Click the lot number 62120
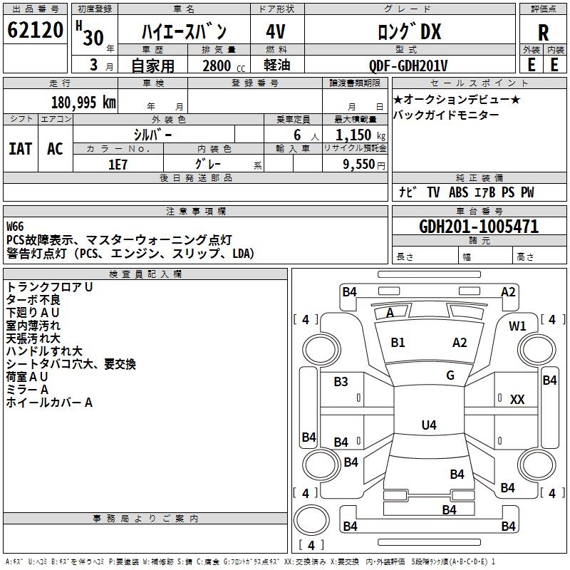(35, 30)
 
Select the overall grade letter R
(543, 32)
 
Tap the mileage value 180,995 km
(83, 103)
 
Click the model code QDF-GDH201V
(408, 66)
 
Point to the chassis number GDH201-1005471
(479, 227)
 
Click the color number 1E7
(118, 165)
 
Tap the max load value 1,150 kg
(361, 135)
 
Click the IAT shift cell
(21, 149)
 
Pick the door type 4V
(276, 31)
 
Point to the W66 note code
(15, 227)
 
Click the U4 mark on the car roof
(429, 425)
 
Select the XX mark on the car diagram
(517, 400)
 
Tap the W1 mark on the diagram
(517, 326)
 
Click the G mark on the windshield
(450, 375)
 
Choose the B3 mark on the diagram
(341, 382)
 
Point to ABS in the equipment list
(458, 192)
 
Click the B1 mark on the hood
(398, 343)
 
